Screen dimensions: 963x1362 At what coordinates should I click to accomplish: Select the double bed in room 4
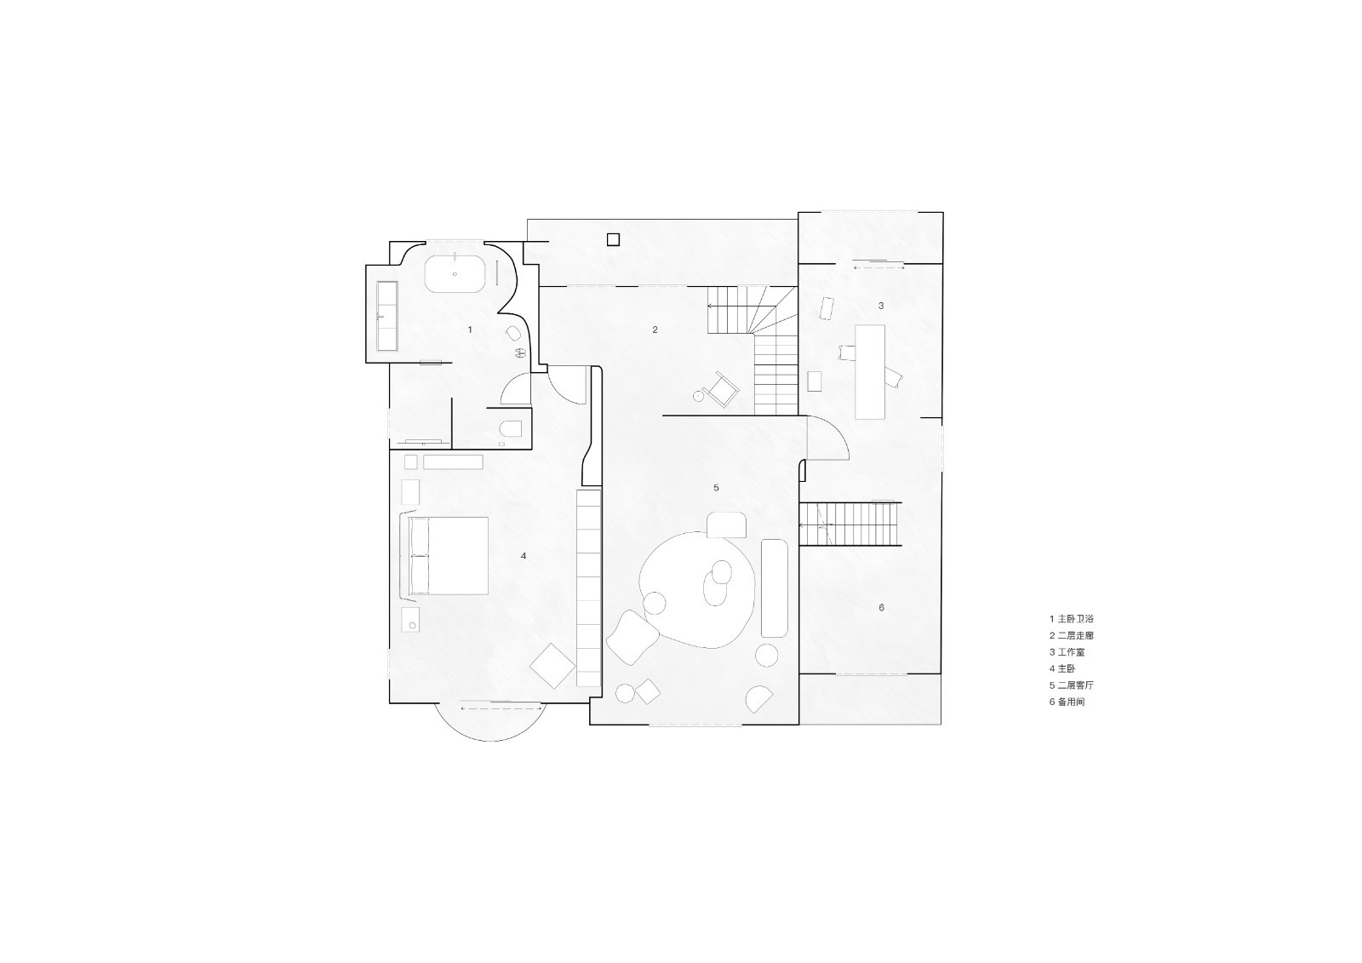(x=449, y=555)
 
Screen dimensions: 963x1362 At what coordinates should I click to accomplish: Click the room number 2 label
(x=655, y=330)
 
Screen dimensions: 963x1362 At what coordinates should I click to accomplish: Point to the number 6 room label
(x=881, y=607)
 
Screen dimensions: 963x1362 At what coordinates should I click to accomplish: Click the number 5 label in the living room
(x=716, y=488)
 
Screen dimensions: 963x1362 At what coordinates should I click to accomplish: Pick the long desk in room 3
(x=869, y=371)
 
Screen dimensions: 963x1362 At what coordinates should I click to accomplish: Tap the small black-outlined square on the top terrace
(x=613, y=239)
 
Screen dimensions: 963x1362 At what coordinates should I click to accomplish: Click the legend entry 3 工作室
(x=1067, y=652)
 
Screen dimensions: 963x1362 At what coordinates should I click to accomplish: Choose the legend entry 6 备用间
(x=1067, y=702)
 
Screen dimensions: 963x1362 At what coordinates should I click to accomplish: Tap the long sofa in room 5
(x=775, y=588)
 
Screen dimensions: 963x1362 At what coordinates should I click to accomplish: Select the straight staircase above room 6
(x=850, y=524)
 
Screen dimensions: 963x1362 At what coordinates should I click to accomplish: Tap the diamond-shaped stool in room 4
(x=552, y=664)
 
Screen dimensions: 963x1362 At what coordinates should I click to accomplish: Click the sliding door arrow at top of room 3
(x=878, y=267)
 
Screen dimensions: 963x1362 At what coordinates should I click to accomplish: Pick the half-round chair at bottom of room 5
(x=758, y=699)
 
